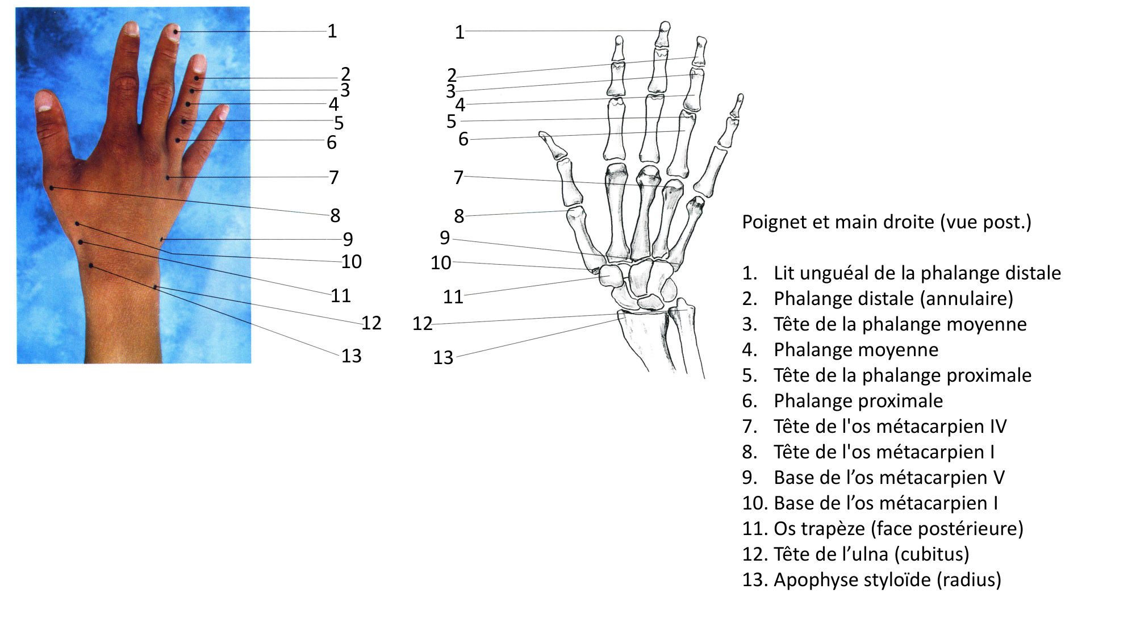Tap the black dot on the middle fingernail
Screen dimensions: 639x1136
pyautogui.click(x=176, y=32)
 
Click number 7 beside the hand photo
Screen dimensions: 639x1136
pyautogui.click(x=334, y=178)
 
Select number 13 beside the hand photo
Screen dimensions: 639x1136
pyautogui.click(x=351, y=356)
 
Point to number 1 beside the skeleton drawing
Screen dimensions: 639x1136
pyautogui.click(x=460, y=32)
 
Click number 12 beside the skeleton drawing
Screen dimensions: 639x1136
pyautogui.click(x=422, y=324)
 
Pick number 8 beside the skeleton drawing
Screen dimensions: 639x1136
pyautogui.click(x=459, y=216)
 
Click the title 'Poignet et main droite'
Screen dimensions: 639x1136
pyautogui.click(x=886, y=222)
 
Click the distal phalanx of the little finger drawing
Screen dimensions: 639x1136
pyautogui.click(x=737, y=106)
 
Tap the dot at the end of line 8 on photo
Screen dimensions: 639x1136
pyautogui.click(x=52, y=187)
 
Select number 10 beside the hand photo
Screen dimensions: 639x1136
pyautogui.click(x=351, y=262)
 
